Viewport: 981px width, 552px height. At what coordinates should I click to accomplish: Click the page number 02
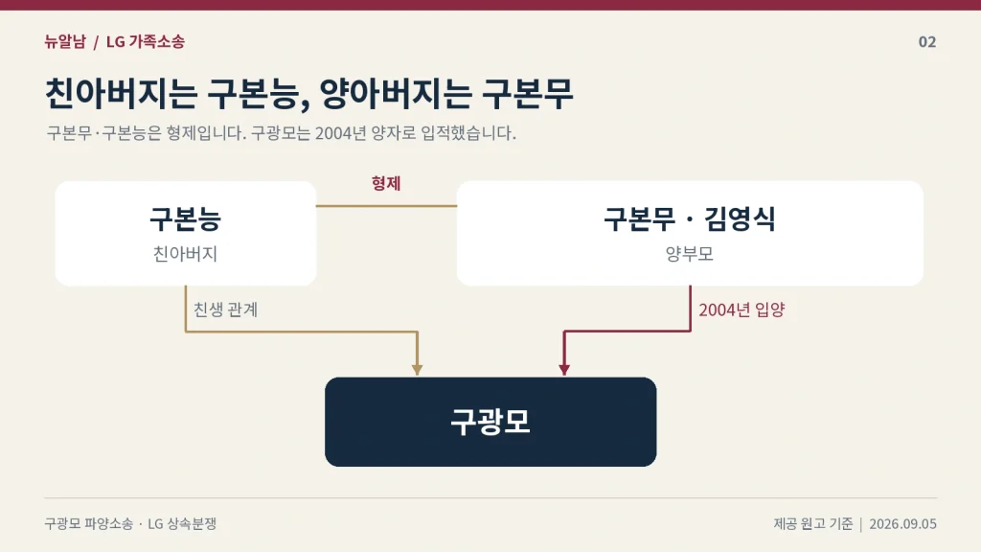[927, 42]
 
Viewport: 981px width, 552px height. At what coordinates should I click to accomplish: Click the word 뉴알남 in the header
[65, 41]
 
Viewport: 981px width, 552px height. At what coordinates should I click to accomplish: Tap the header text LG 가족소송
[146, 41]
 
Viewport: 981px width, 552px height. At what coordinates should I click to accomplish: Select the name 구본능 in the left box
[185, 218]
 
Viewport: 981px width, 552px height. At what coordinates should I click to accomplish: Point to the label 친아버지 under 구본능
[185, 253]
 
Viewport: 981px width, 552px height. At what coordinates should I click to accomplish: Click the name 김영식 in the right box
[741, 218]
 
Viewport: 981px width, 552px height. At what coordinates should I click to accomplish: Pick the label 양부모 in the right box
[690, 253]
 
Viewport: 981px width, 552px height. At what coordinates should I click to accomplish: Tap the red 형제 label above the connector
[386, 183]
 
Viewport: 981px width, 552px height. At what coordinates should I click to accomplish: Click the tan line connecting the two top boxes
[387, 205]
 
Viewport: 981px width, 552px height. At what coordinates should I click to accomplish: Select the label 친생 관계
[225, 310]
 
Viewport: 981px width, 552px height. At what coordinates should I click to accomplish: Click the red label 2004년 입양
[741, 310]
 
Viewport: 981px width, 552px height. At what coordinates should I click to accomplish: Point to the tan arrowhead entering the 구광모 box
[418, 370]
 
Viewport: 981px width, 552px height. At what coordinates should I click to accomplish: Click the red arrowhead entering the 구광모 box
[564, 370]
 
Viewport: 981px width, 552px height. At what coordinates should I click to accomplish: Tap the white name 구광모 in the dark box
[490, 422]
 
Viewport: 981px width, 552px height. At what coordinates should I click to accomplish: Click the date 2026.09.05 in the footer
[902, 524]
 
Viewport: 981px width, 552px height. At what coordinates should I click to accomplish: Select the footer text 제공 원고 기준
[812, 524]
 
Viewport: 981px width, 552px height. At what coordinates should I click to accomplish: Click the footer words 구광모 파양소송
[89, 524]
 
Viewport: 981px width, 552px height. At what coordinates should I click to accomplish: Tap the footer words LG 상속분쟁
[182, 524]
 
